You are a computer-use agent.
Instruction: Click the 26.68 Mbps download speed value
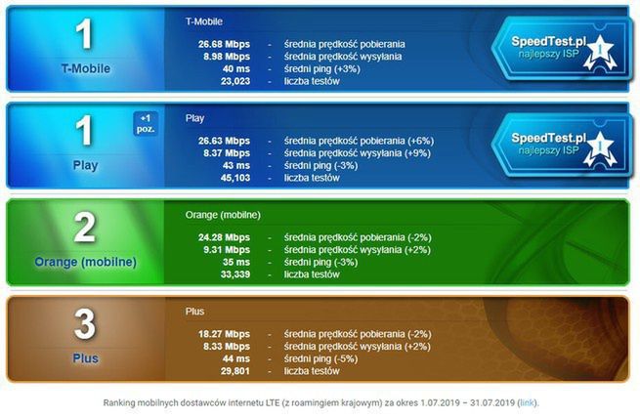point(223,44)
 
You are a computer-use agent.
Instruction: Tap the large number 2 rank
point(84,229)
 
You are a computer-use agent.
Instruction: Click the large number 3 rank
point(84,325)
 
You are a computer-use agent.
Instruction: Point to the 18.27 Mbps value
point(223,333)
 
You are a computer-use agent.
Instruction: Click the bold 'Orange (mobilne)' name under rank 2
point(84,262)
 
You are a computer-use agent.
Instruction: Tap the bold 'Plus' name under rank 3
point(84,358)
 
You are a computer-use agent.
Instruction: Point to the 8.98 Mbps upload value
point(226,57)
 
